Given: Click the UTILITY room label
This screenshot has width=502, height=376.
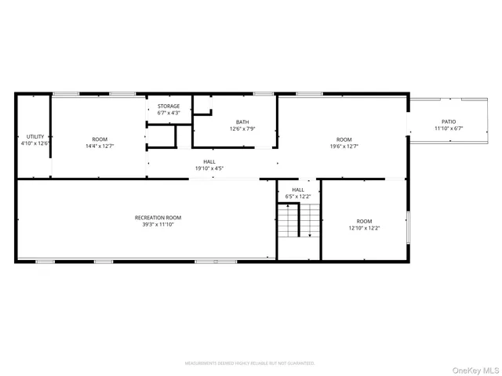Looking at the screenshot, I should (35, 137).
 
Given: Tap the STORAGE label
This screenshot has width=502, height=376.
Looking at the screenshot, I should (169, 107).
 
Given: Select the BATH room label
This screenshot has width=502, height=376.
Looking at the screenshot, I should (243, 122).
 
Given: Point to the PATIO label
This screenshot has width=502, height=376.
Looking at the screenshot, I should (449, 122).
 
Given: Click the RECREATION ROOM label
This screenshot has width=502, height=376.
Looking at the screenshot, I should (158, 218).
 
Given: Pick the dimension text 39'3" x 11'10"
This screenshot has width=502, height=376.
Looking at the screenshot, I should (158, 225).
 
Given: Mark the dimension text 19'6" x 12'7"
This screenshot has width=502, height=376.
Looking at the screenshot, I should (344, 146).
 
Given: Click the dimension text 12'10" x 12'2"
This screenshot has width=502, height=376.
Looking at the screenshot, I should (365, 229).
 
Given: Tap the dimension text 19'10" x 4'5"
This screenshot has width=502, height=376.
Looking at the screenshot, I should (209, 168).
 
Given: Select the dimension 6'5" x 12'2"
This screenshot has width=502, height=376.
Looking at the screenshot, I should (299, 197).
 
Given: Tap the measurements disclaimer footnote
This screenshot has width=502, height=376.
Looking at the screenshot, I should (249, 363).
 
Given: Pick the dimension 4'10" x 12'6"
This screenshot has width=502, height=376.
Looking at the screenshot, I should (35, 143).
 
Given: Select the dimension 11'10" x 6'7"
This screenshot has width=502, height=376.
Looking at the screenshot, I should (449, 128).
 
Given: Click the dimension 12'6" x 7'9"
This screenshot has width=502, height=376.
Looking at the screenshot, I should (243, 128).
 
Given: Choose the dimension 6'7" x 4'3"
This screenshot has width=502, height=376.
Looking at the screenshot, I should (169, 114).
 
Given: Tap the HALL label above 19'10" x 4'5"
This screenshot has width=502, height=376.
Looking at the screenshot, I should (209, 161).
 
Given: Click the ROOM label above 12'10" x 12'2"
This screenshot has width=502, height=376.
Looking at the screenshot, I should (365, 222).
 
